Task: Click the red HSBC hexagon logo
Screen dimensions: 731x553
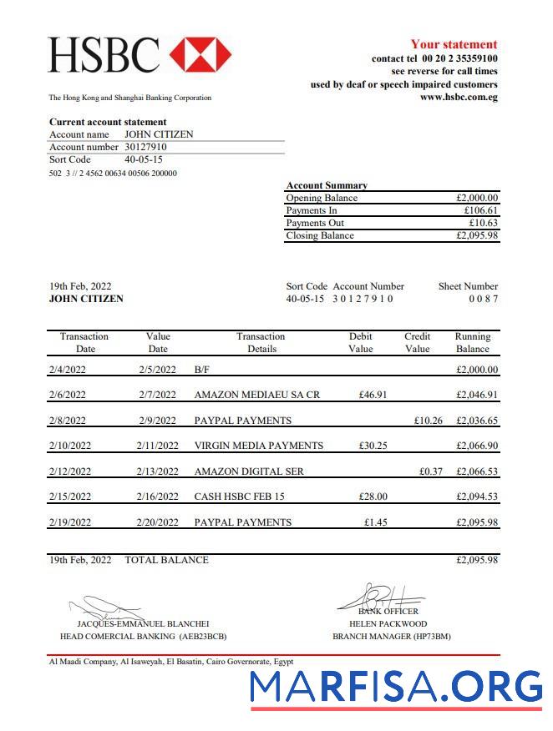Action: click(x=200, y=54)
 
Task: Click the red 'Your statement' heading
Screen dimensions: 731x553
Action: click(x=454, y=44)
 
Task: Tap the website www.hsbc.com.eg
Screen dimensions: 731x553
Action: click(x=459, y=97)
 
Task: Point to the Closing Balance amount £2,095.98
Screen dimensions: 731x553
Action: click(x=477, y=235)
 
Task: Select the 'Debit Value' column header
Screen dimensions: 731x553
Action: click(x=361, y=342)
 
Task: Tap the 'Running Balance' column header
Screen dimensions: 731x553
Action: click(x=472, y=342)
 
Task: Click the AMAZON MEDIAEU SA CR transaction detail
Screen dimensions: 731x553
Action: click(x=256, y=395)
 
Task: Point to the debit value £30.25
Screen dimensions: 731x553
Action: click(x=373, y=446)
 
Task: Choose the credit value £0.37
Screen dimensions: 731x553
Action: click(x=431, y=471)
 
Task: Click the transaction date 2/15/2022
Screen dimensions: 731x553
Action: click(x=70, y=497)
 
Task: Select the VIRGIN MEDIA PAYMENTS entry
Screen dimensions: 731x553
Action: click(x=258, y=446)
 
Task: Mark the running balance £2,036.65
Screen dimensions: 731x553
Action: click(x=477, y=421)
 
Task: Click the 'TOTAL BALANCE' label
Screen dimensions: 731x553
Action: click(x=166, y=560)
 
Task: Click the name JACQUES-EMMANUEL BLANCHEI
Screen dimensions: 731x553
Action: click(x=143, y=623)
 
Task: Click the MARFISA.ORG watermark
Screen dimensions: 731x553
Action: click(x=396, y=686)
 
